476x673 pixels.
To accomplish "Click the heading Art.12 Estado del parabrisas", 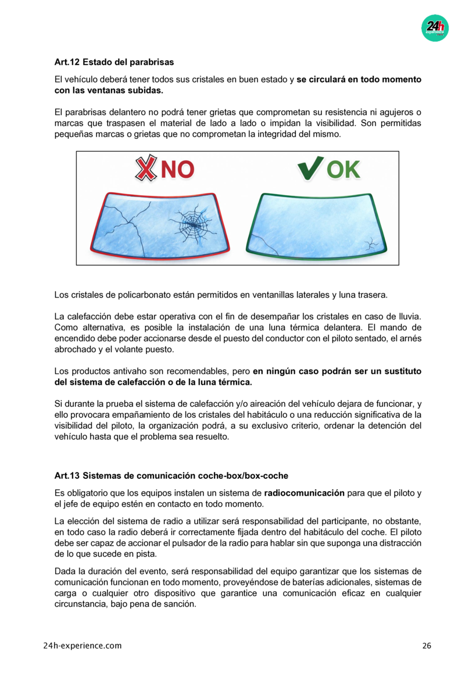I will click(114, 62).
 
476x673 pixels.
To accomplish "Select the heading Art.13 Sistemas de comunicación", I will click(171, 476).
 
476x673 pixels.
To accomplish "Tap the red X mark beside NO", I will click(147, 169).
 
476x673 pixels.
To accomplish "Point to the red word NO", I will click(177, 169).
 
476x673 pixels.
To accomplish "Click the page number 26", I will click(427, 646).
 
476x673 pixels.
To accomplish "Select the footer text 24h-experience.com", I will click(83, 646).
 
